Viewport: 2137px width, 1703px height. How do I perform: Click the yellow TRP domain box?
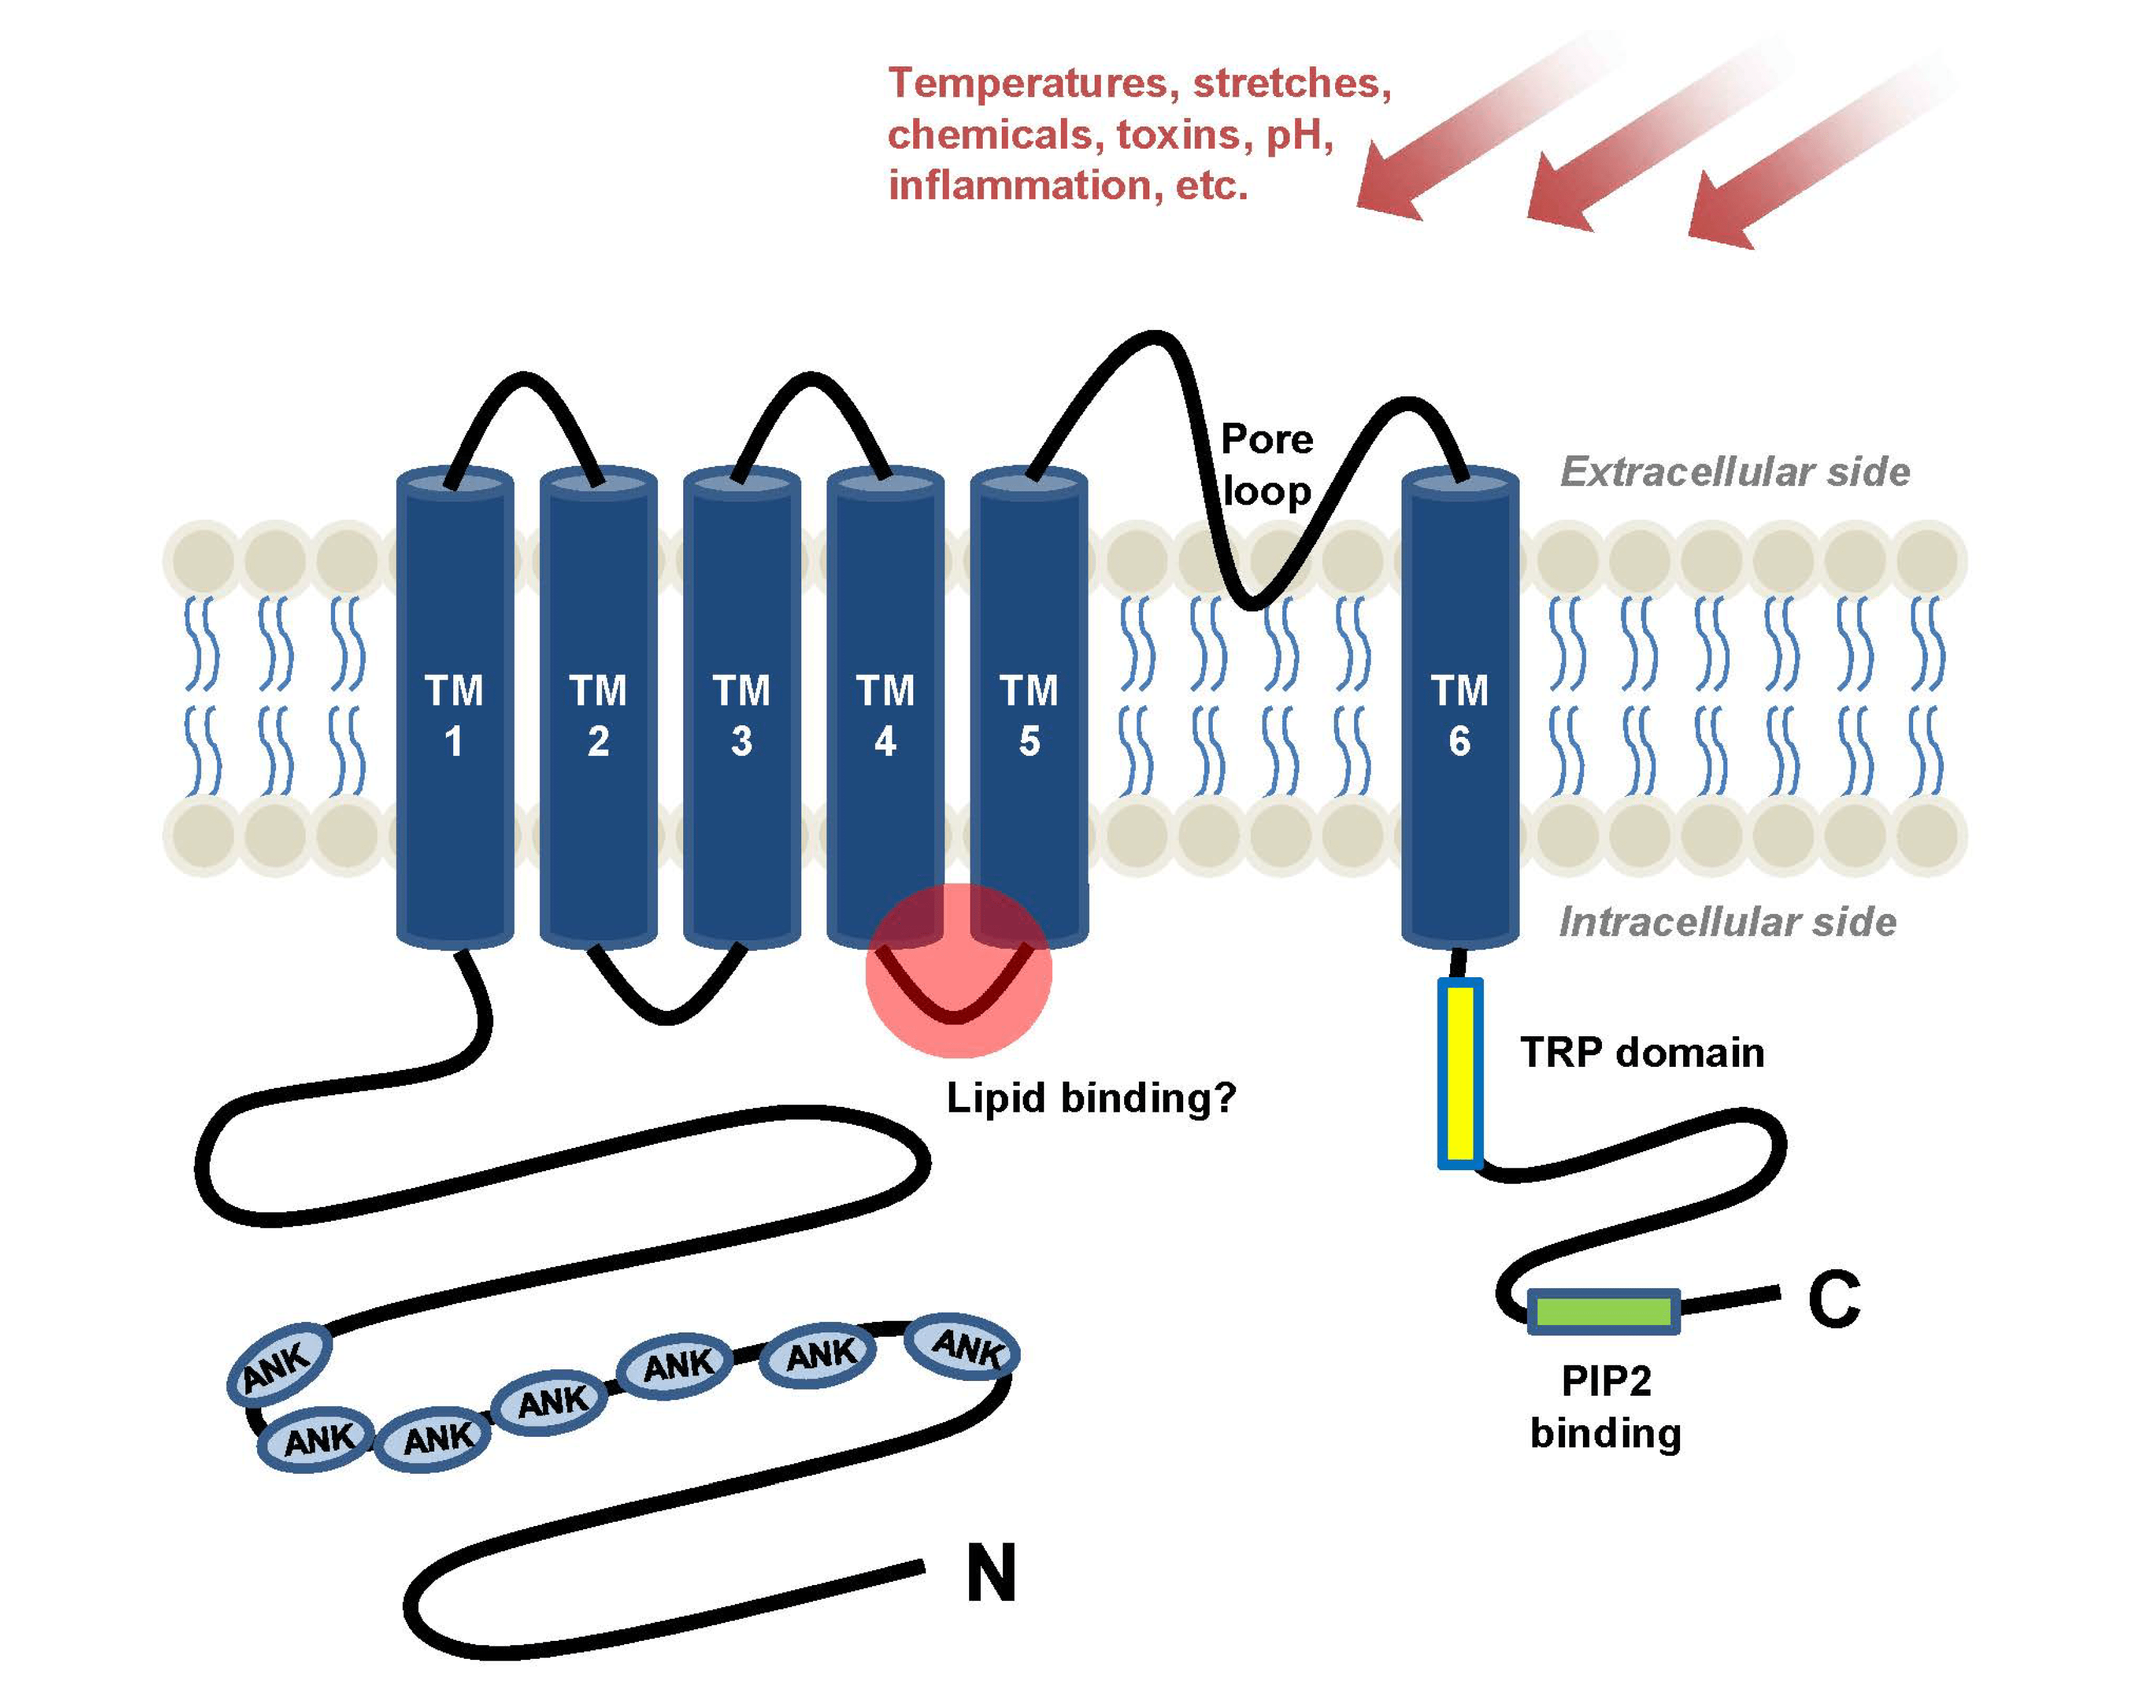tap(1460, 1074)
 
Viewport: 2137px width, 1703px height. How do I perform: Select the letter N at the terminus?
tap(991, 1573)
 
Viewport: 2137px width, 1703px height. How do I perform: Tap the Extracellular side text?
tap(1735, 471)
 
